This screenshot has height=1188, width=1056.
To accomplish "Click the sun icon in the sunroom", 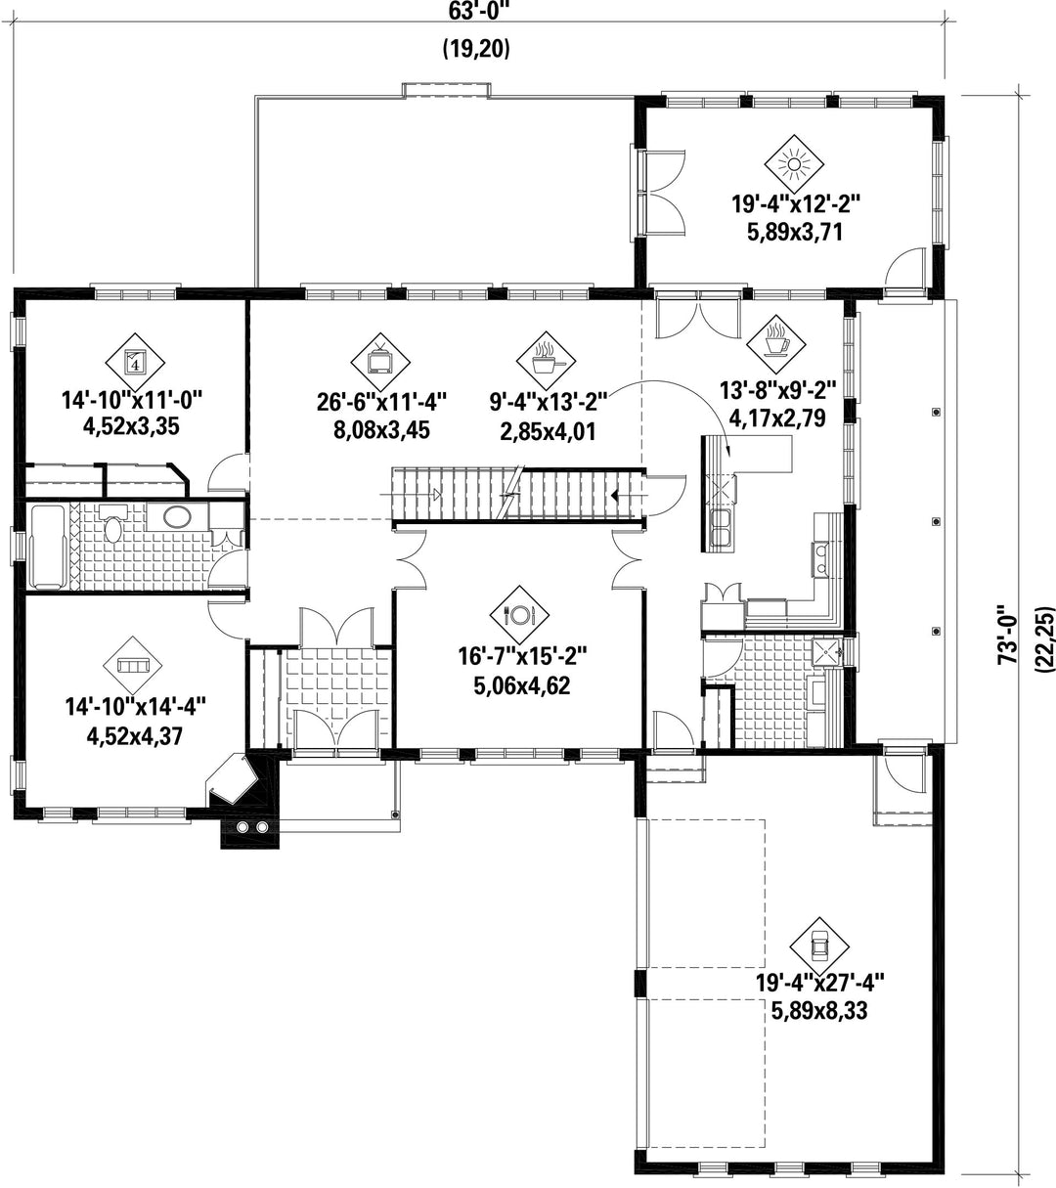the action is pos(794,164).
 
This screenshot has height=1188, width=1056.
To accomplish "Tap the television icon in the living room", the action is pos(380,362).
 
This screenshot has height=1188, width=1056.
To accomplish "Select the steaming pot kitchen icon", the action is pos(546,360).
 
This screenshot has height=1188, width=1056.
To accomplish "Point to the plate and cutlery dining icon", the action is pos(519,614).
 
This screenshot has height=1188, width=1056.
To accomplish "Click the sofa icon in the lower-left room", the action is pos(133,665).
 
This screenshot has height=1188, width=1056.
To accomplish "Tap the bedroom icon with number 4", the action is pos(135,363).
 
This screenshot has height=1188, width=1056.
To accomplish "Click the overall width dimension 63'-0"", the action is pos(477,11).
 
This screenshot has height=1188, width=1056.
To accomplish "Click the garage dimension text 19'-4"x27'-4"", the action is pos(819,998).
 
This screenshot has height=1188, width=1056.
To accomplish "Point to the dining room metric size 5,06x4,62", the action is pos(522,686).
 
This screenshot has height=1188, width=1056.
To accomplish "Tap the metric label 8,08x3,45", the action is pos(381,431).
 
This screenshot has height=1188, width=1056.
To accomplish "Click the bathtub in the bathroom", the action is pos(48,547).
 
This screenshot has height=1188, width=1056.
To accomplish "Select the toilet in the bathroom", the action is pos(113,524).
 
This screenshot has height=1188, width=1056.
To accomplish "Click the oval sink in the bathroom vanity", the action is pos(177,517).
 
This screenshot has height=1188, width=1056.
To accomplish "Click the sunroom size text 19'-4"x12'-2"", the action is pos(795,204).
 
